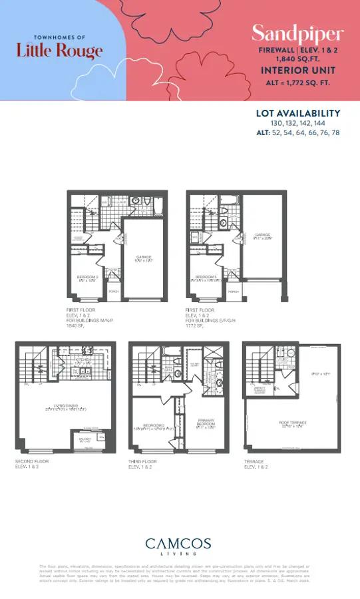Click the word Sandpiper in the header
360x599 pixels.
click(297, 33)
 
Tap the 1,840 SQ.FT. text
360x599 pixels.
click(297, 59)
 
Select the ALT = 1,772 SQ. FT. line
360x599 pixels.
click(297, 83)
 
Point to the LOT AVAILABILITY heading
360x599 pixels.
click(298, 113)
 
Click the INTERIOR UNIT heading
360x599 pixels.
click(297, 70)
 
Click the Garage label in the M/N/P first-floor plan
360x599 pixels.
click(145, 258)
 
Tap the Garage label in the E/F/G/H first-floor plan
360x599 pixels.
click(264, 235)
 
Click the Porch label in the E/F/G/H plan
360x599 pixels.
click(234, 292)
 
